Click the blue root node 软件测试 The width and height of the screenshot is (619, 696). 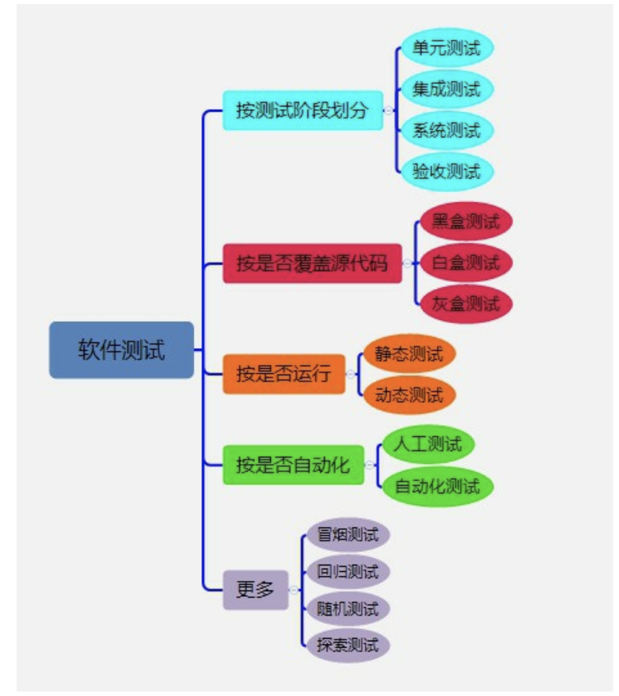(x=121, y=350)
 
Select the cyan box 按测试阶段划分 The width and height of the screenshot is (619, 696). (x=302, y=110)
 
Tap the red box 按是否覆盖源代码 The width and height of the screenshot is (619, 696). (x=312, y=263)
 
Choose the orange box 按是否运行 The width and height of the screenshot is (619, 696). (x=284, y=374)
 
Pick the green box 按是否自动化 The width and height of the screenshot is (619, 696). (x=293, y=465)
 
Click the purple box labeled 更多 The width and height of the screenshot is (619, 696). (x=255, y=589)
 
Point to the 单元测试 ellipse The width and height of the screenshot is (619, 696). (x=446, y=48)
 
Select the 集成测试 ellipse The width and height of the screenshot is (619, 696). (x=446, y=89)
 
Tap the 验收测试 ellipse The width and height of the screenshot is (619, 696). (x=446, y=171)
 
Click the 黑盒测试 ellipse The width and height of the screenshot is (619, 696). (x=466, y=221)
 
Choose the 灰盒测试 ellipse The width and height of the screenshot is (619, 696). (x=466, y=304)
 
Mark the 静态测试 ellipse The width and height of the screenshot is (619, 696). (x=409, y=354)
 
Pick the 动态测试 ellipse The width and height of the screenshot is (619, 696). (x=409, y=395)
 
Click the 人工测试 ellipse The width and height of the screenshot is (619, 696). (x=428, y=444)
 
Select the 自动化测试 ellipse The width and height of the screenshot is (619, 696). (x=437, y=486)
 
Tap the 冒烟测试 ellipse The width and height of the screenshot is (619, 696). (x=348, y=534)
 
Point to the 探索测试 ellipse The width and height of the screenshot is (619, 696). (x=348, y=645)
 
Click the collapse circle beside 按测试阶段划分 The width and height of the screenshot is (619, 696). (x=389, y=110)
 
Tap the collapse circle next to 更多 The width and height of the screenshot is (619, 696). (x=294, y=589)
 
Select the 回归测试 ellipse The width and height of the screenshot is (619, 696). (x=348, y=571)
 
